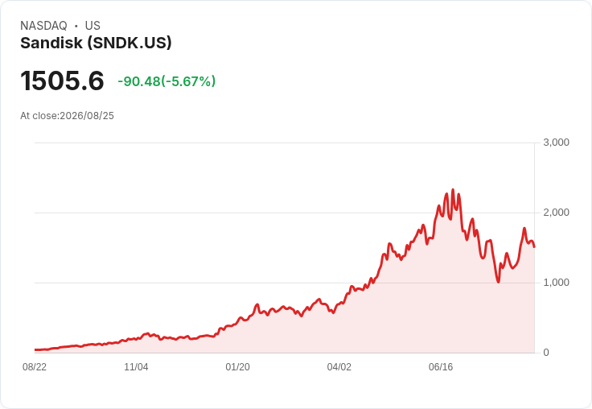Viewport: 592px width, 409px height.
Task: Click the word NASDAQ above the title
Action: tap(43, 26)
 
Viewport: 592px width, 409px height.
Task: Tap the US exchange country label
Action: tap(92, 26)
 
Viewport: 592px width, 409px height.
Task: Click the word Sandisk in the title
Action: tap(51, 43)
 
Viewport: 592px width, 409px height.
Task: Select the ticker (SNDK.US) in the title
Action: tap(129, 43)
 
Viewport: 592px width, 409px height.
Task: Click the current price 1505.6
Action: tap(62, 81)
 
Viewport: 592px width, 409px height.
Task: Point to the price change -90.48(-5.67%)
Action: tap(166, 81)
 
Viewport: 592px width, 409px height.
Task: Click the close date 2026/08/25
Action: tap(87, 116)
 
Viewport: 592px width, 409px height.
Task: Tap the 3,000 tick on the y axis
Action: tap(556, 143)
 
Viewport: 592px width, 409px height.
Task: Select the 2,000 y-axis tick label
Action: tap(556, 213)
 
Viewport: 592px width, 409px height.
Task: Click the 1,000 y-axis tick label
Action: tap(556, 283)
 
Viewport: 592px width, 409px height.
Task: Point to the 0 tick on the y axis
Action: tap(546, 353)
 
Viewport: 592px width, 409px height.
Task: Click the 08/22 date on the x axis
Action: tap(35, 367)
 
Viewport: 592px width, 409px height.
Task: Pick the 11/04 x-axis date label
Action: tap(136, 367)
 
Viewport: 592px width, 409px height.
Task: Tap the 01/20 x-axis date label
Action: tap(237, 367)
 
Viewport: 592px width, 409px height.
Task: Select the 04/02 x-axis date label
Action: tap(339, 367)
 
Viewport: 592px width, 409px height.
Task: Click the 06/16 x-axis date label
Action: tap(441, 367)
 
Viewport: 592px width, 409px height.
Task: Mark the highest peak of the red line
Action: tap(453, 190)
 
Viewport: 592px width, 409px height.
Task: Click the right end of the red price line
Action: tap(534, 247)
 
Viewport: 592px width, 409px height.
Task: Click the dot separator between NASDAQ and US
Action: tap(76, 26)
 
